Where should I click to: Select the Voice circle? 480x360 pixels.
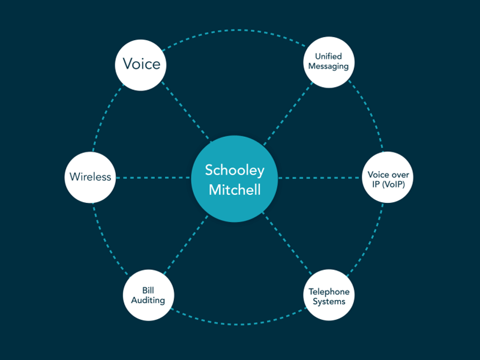click(141, 64)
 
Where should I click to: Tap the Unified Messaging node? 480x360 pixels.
click(328, 62)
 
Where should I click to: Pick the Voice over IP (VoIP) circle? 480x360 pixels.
click(389, 178)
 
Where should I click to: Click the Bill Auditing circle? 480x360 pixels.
click(148, 295)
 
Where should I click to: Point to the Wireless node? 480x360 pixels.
click(90, 177)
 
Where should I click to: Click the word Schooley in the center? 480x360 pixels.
click(235, 170)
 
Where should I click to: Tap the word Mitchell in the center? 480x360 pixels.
click(235, 190)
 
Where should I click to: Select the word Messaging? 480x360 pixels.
click(328, 67)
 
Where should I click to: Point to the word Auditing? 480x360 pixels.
click(148, 300)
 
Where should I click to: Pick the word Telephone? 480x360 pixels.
click(329, 292)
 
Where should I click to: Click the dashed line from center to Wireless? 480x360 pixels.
click(153, 178)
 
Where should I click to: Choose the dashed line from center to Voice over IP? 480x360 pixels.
click(321, 178)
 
